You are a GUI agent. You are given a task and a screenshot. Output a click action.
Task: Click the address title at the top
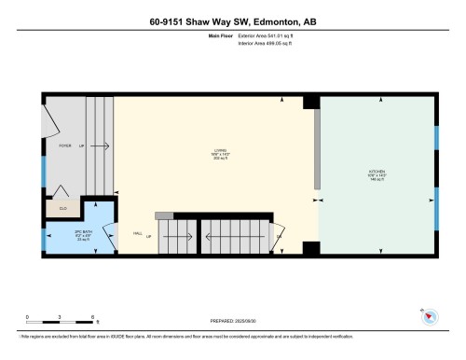pyautogui.click(x=233, y=21)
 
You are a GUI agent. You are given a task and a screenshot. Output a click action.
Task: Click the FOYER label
pyautogui.click(x=64, y=146)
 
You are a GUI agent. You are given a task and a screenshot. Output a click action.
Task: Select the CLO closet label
pyautogui.click(x=63, y=208)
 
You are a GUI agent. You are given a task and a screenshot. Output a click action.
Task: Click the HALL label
pyautogui.click(x=137, y=234)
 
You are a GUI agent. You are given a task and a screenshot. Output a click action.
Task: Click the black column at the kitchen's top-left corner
pyautogui.click(x=311, y=102)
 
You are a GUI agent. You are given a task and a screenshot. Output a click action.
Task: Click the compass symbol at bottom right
pyautogui.click(x=429, y=316)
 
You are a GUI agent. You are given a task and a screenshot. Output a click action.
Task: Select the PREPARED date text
pyautogui.click(x=232, y=317)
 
